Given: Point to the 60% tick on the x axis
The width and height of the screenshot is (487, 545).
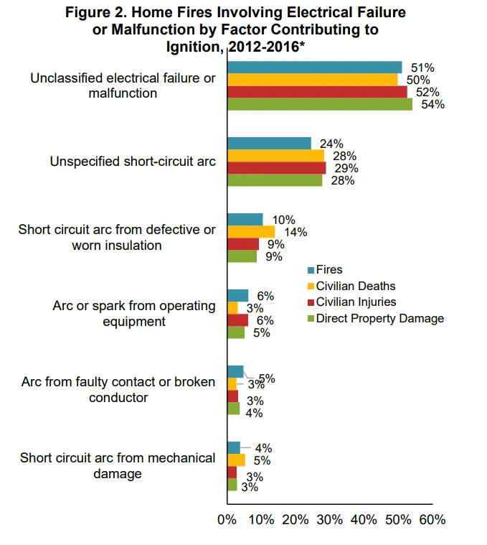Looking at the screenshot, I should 432,519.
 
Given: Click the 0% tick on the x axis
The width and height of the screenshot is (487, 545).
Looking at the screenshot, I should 227,519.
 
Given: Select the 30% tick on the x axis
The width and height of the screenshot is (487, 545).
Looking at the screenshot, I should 329,519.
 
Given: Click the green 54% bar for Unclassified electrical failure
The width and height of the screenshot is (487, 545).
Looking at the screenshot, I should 319,104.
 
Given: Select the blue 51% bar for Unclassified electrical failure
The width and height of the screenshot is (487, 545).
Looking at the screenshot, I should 314,67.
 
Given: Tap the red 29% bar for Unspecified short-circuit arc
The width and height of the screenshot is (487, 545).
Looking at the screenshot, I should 276,168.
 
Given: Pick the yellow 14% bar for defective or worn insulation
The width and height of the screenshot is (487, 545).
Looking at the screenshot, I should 251,232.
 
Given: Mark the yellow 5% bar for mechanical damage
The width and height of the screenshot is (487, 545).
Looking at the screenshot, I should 236,460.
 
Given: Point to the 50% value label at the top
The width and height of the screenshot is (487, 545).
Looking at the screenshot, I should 418,80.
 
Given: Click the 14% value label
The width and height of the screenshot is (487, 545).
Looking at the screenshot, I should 295,232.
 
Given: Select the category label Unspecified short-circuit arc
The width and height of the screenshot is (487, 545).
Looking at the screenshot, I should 133,162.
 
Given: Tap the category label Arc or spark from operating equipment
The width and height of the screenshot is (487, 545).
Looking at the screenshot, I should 133,314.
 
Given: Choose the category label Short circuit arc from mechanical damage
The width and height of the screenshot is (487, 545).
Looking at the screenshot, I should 118,466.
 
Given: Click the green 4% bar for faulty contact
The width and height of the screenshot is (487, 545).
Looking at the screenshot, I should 233,409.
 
